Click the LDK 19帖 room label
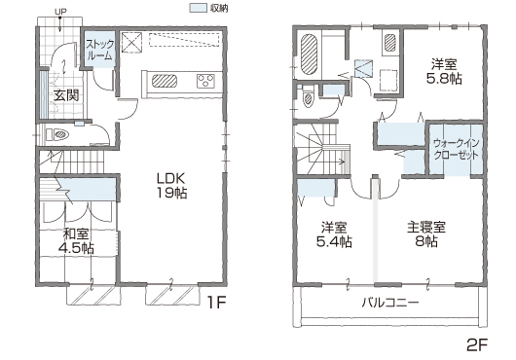click(x=171, y=186)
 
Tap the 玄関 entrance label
click(x=66, y=95)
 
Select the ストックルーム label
click(x=99, y=50)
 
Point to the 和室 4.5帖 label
click(x=76, y=241)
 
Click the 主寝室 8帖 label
click(x=426, y=234)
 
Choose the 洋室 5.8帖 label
click(x=444, y=71)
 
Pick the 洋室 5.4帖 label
click(x=334, y=234)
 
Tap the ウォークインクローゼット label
click(x=456, y=149)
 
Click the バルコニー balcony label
click(x=390, y=302)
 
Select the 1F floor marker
click(x=216, y=303)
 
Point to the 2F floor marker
click(x=477, y=344)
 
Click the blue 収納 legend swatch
click(x=198, y=8)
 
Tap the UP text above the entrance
click(x=60, y=12)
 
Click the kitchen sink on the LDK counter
click(x=165, y=81)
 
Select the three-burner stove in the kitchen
click(x=205, y=81)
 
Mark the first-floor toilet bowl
click(x=61, y=134)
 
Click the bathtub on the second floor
click(x=309, y=54)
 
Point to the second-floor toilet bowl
click(x=308, y=99)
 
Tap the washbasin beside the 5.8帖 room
click(x=390, y=43)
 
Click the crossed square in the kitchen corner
click(x=132, y=42)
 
